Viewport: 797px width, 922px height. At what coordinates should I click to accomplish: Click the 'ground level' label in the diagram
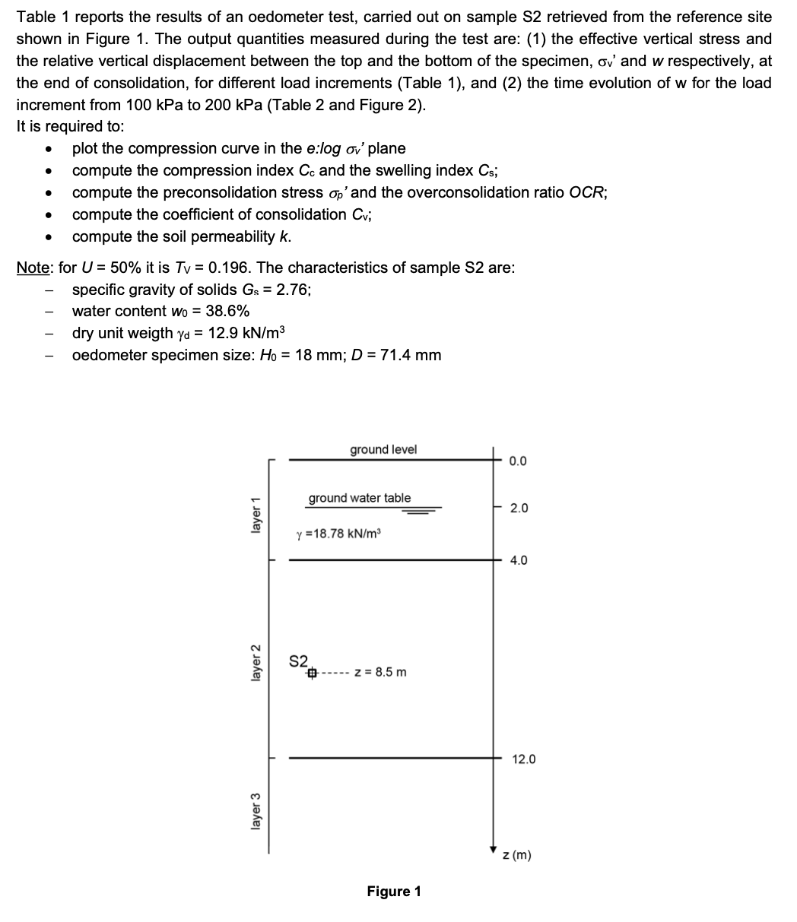pyautogui.click(x=383, y=449)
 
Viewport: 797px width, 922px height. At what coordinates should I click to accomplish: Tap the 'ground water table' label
pyautogui.click(x=359, y=498)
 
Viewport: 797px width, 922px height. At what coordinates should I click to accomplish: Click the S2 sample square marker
pyautogui.click(x=312, y=673)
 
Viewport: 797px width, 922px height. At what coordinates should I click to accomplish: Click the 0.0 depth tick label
pyautogui.click(x=518, y=461)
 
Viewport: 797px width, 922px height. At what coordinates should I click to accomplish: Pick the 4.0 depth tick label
pyautogui.click(x=518, y=561)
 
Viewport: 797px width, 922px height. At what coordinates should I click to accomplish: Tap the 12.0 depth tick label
pyautogui.click(x=523, y=759)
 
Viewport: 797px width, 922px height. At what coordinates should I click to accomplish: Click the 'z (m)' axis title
pyautogui.click(x=517, y=856)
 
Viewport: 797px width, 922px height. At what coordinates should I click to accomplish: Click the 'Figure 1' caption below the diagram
pyautogui.click(x=394, y=892)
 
